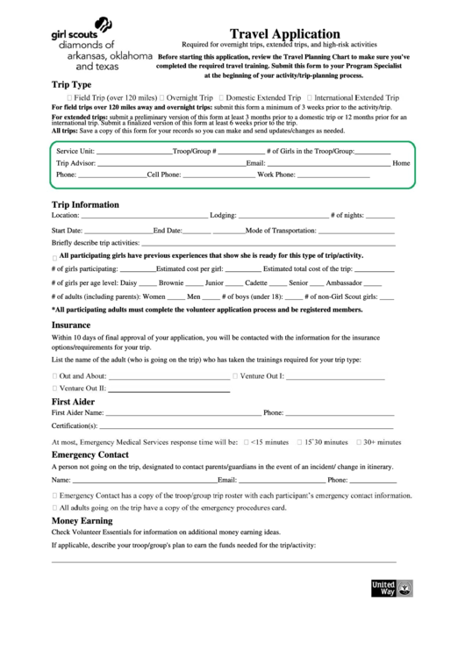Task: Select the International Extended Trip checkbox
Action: pyautogui.click(x=309, y=97)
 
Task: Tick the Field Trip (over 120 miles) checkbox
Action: pyautogui.click(x=68, y=97)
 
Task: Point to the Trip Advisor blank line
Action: pyautogui.click(x=171, y=164)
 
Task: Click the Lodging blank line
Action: pyautogui.click(x=281, y=216)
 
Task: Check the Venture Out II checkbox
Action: pyautogui.click(x=55, y=387)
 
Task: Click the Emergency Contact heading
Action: pyautogui.click(x=89, y=454)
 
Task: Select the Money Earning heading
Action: pyautogui.click(x=82, y=520)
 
